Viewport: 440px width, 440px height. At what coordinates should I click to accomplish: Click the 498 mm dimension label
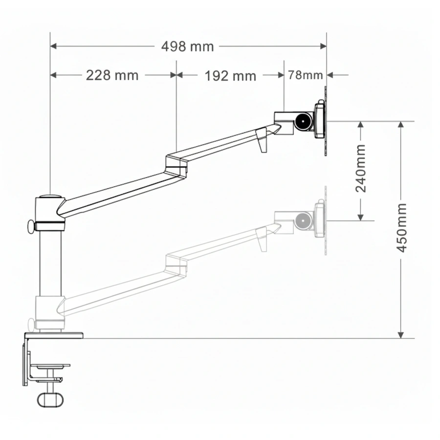[187, 46]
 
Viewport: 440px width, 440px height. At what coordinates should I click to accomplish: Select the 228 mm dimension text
[112, 75]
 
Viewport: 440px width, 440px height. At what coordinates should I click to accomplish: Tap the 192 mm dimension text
[230, 76]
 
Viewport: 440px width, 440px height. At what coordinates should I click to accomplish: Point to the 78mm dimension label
[305, 75]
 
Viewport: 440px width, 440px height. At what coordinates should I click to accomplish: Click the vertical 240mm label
[361, 168]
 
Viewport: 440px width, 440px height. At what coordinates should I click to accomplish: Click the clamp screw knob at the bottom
[50, 400]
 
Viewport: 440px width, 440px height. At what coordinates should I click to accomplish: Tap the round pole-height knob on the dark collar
[31, 227]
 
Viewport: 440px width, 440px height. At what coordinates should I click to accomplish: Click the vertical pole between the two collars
[50, 263]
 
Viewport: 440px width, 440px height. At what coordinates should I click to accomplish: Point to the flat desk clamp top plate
[54, 335]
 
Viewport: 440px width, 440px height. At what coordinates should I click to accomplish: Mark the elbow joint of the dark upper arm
[176, 166]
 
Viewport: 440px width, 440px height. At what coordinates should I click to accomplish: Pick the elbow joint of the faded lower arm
[176, 265]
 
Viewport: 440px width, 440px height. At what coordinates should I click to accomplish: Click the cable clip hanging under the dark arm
[262, 140]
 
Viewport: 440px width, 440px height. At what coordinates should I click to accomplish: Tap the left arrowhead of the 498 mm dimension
[53, 46]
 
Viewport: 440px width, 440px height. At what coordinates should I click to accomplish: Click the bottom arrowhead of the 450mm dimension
[401, 335]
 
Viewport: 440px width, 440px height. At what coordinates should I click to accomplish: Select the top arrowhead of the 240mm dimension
[361, 125]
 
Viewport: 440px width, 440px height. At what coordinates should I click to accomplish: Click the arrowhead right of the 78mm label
[330, 75]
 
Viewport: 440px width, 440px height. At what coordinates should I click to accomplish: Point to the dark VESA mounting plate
[326, 121]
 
